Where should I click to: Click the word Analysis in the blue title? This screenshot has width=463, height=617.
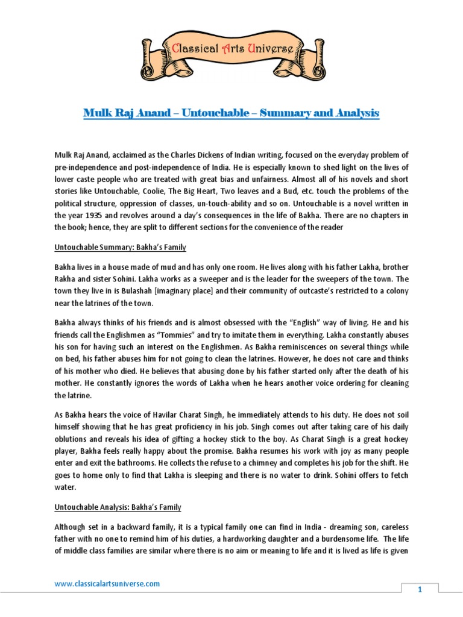350,113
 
